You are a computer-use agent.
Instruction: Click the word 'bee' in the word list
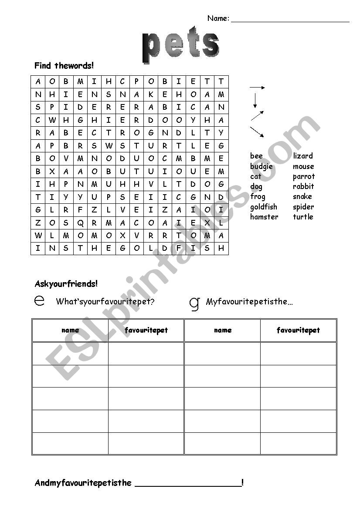pos(256,156)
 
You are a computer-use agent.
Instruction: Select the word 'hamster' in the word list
pos(264,217)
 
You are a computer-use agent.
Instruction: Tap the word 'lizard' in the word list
pos(303,156)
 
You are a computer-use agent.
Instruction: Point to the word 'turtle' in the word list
pos(303,217)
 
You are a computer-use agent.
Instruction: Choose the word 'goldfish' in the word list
pos(263,207)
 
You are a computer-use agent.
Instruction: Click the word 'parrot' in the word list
pos(303,176)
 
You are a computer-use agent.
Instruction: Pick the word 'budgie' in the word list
pos(261,166)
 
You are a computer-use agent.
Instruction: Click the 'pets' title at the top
pos(180,46)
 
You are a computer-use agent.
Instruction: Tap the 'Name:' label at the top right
pos(218,18)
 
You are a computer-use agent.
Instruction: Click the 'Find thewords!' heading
pos(64,66)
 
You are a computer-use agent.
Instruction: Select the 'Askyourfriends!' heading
pos(66,284)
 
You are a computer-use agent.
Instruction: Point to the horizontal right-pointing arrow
pos(257,88)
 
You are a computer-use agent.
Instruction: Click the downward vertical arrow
pos(255,101)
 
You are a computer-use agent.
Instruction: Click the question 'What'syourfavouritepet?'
pos(105,301)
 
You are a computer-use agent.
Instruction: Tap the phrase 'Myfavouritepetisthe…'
pos(249,301)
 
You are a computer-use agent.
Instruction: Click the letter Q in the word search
pos(80,223)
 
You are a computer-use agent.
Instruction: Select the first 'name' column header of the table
pos(70,330)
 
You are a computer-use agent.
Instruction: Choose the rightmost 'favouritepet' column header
pos(298,330)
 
